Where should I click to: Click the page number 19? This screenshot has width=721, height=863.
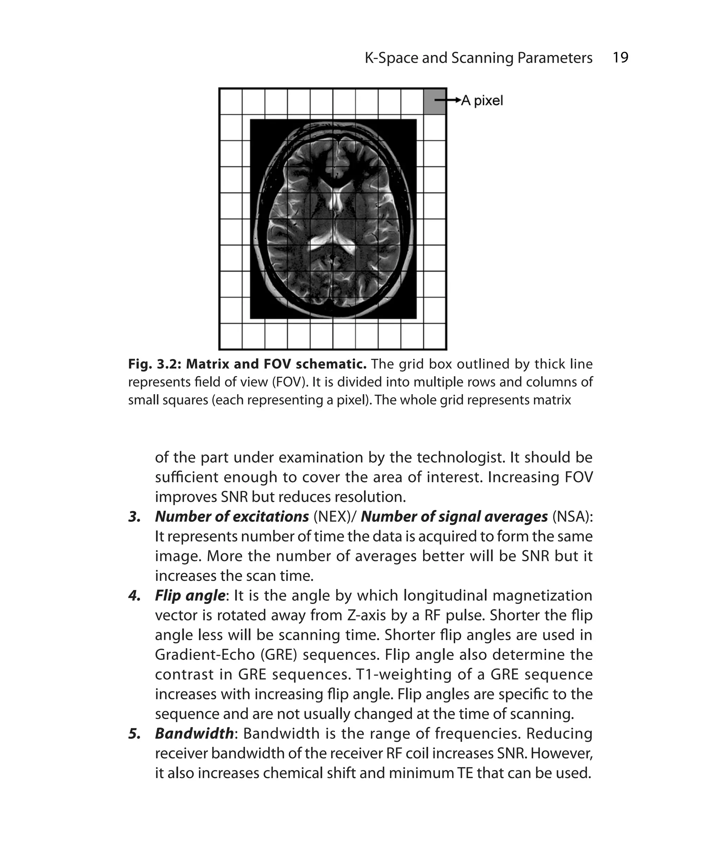coord(620,57)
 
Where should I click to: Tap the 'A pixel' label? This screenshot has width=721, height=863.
coord(482,100)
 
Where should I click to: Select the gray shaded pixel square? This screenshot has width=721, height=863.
coord(434,101)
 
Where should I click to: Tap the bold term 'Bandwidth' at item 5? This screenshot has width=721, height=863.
coord(194,733)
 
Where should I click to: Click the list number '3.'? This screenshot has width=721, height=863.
coord(134,517)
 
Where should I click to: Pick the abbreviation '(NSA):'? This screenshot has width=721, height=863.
coord(572,517)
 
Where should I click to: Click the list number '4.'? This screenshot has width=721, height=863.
coord(134,596)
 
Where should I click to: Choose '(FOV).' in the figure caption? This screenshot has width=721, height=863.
coord(290,382)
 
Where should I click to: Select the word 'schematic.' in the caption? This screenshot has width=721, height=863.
coord(331,364)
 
